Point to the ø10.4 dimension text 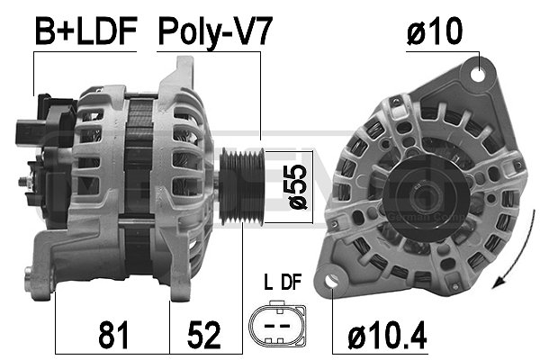click(388, 337)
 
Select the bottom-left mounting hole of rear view click(334, 283)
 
